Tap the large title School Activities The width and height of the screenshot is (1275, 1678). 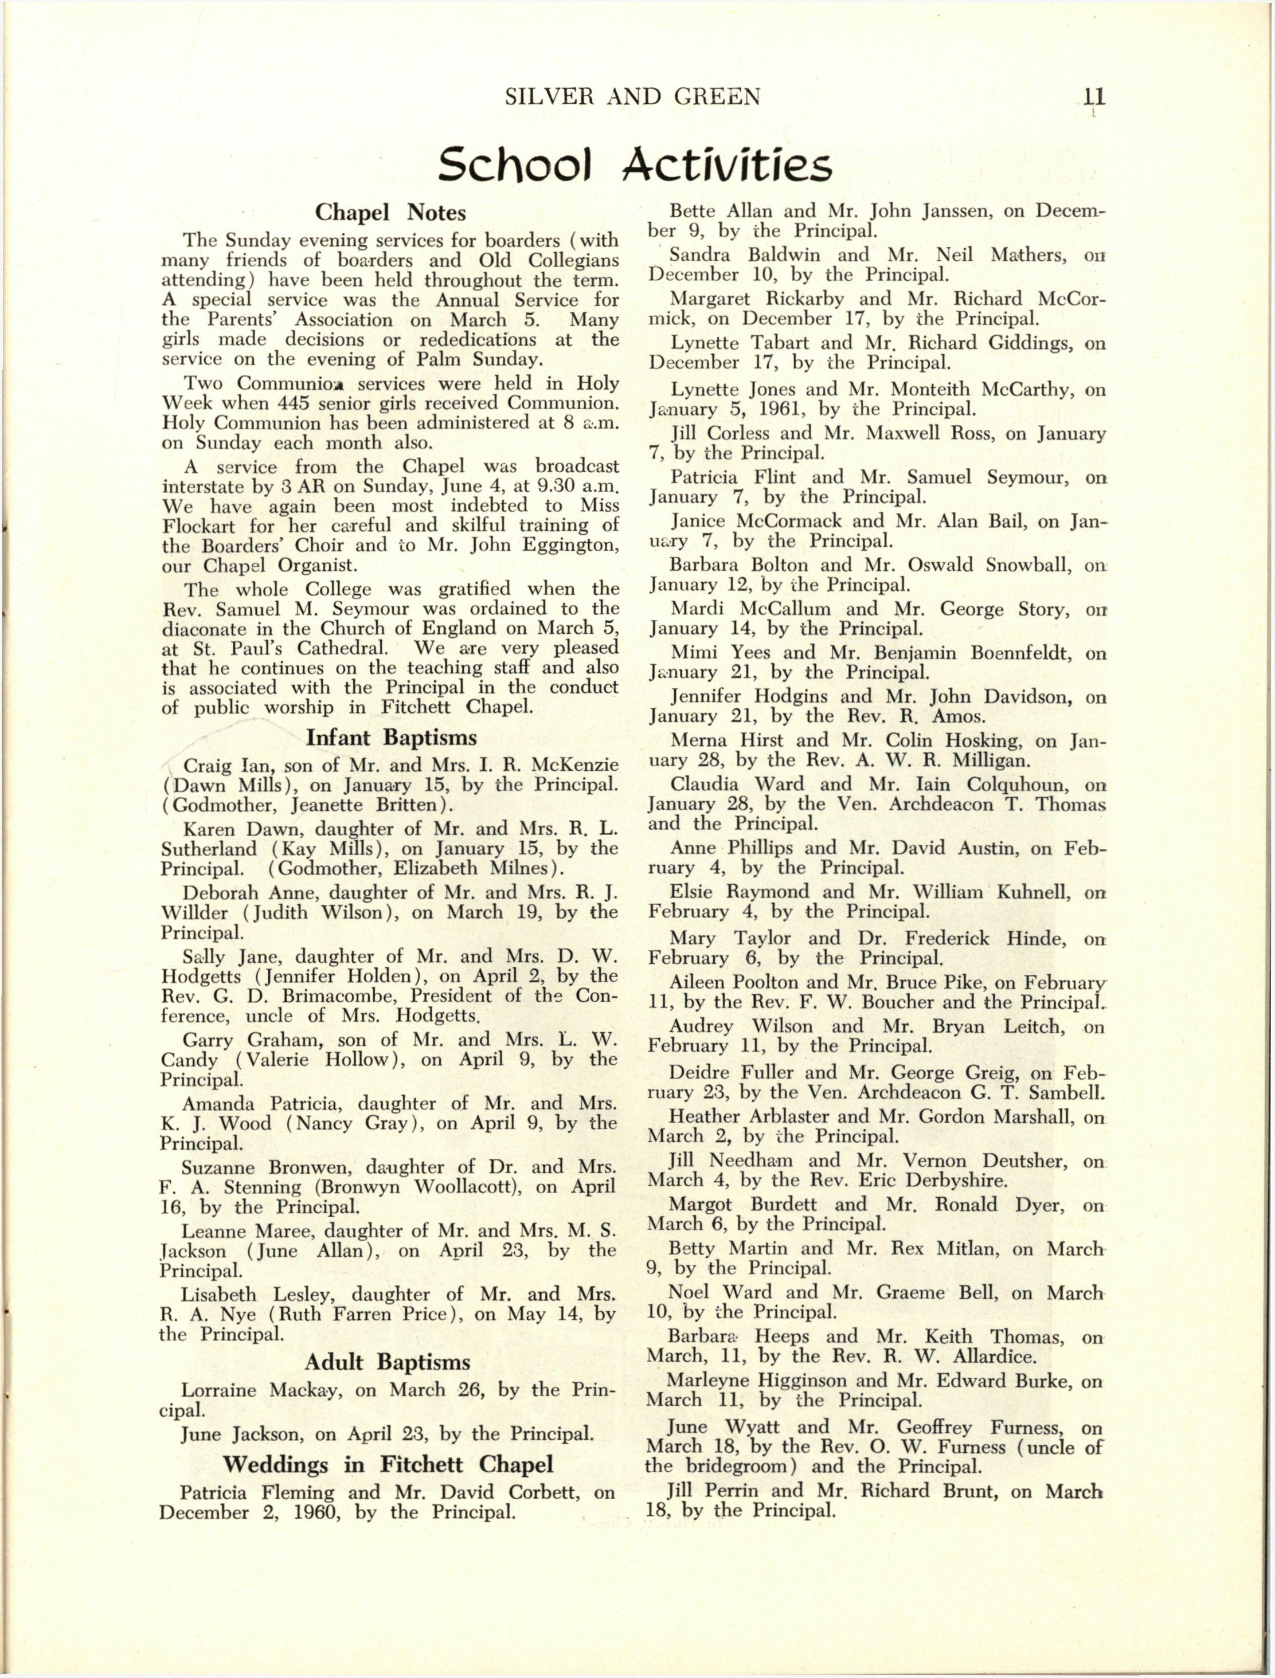point(635,164)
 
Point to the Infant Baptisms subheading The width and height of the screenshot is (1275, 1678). point(391,738)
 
